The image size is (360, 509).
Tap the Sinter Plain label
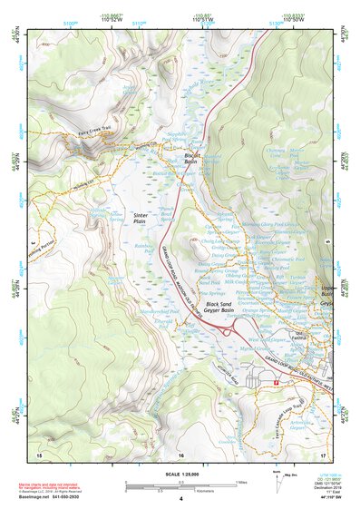click(140, 218)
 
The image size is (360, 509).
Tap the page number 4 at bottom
click(181, 498)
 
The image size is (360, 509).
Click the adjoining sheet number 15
click(39, 453)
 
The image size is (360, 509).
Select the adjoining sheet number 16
click(181, 453)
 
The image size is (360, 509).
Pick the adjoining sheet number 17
click(323, 453)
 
